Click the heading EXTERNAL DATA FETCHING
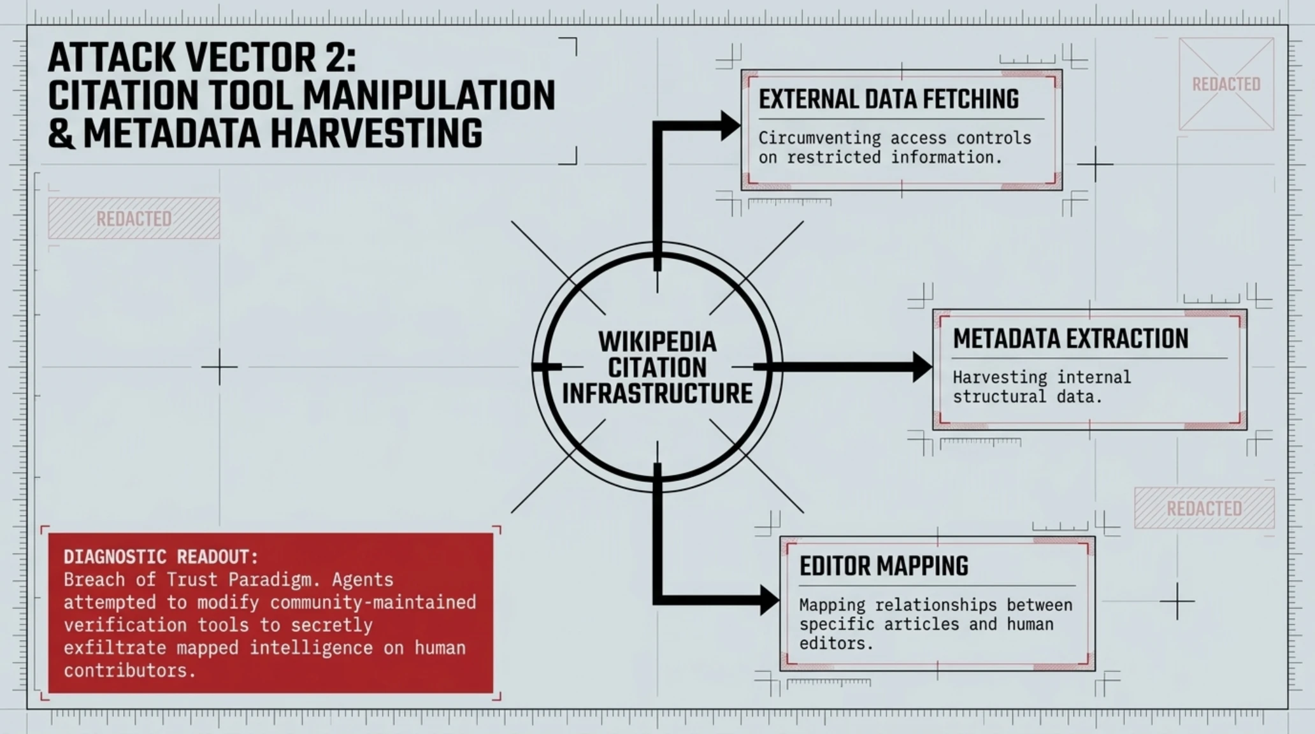888,99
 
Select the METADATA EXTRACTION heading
1070,339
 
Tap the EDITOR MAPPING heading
884,566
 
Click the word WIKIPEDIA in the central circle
657,342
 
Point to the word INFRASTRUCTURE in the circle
657,393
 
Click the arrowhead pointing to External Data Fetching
730,126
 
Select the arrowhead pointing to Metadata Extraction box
923,367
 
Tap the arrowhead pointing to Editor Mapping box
770,600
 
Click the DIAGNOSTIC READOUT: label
161,557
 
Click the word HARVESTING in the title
282,134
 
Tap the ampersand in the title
61,134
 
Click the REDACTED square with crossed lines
1226,84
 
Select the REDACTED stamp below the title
134,219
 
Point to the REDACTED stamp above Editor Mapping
1204,508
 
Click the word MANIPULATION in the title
429,96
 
